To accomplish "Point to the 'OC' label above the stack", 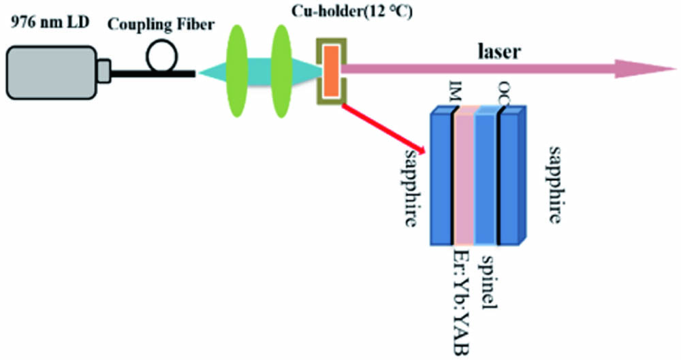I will click(504, 92).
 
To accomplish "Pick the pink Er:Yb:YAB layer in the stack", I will click(464, 177).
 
